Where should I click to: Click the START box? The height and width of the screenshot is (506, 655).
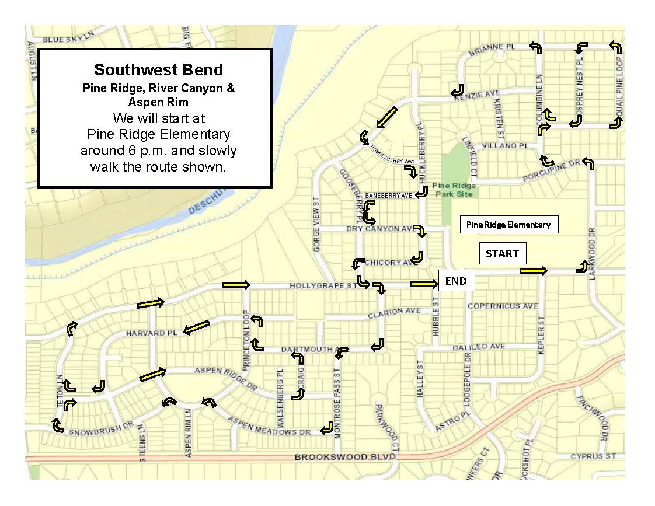pos(502,254)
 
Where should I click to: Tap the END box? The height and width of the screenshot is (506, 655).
pos(456,281)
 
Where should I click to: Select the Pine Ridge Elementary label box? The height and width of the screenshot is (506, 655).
pos(508,224)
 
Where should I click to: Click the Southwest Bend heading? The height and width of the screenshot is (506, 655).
pos(158,70)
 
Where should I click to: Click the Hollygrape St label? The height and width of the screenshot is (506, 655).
pos(323,286)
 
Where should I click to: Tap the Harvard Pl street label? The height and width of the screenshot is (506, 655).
pos(151,333)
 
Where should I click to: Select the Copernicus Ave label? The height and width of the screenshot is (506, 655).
pos(503,306)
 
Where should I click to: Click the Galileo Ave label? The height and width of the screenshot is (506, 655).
pos(479,347)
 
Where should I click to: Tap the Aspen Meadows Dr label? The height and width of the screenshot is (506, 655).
pos(269,427)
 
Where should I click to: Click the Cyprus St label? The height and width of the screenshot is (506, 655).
pos(593,456)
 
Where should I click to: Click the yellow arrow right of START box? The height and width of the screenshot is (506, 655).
pos(534,270)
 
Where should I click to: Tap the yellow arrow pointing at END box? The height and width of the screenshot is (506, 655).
pos(424,284)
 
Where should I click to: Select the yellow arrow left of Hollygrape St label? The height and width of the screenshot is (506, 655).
pos(236,285)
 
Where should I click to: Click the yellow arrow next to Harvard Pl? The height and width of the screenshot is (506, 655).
pos(196,328)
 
